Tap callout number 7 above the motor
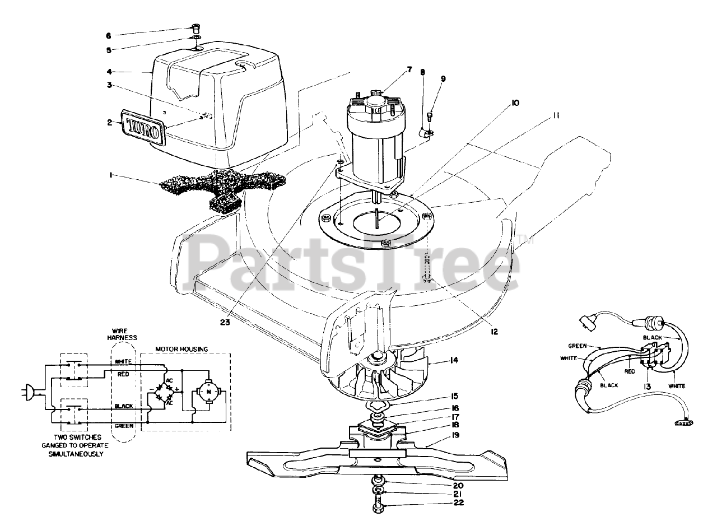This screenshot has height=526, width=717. [409, 69]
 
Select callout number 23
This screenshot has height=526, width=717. [225, 322]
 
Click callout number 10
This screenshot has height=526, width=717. [514, 103]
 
